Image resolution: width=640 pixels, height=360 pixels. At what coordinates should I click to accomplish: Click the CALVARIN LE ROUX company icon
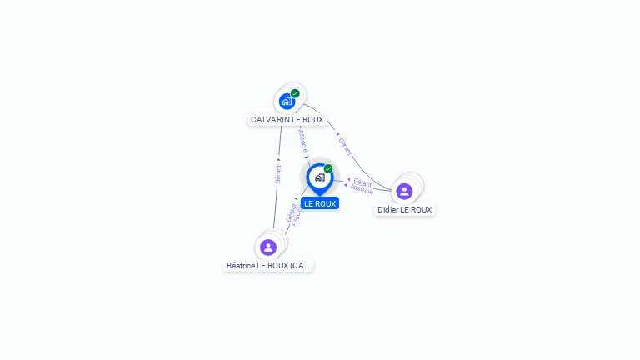click(287, 101)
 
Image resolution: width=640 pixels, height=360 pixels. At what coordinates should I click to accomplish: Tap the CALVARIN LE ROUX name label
click(287, 120)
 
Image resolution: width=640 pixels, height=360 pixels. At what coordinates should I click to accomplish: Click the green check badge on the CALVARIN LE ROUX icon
click(295, 93)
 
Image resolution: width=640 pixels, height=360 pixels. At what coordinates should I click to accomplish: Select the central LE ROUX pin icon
click(319, 177)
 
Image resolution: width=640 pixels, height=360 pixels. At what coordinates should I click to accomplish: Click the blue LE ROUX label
click(320, 203)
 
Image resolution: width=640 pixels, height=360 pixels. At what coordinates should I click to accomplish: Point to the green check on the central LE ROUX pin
click(328, 168)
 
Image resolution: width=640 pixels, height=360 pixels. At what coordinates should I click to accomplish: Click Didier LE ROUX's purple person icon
click(404, 191)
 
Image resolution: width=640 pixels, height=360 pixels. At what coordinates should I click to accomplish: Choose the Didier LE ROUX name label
click(404, 210)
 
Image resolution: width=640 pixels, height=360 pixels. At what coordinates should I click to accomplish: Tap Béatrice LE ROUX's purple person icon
click(268, 247)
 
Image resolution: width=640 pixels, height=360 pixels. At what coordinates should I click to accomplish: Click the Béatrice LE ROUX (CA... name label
click(268, 266)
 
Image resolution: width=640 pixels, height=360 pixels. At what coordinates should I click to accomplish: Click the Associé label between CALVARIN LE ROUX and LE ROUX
click(303, 140)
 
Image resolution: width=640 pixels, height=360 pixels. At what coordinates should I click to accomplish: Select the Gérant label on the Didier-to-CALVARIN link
click(345, 147)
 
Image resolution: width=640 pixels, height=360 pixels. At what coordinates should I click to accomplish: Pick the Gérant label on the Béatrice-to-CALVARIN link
click(277, 174)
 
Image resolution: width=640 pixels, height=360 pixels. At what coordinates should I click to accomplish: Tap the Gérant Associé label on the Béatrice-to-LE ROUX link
click(292, 215)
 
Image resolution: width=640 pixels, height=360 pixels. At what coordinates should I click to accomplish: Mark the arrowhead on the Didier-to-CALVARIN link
click(337, 134)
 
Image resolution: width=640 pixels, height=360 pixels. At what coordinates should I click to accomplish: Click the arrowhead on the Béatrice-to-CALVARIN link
click(278, 159)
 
